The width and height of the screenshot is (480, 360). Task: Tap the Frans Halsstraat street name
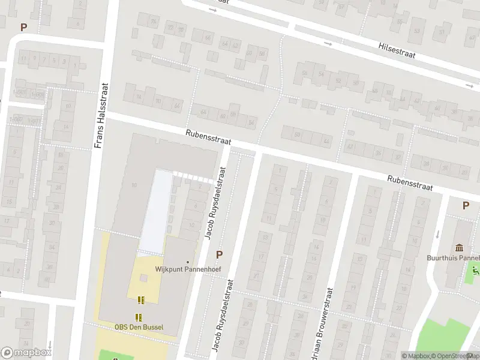click(x=101, y=115)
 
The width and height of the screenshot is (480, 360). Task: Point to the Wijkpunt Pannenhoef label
click(x=188, y=269)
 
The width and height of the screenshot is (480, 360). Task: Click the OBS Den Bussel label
click(x=139, y=327)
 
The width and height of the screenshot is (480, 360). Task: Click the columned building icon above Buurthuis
click(x=460, y=247)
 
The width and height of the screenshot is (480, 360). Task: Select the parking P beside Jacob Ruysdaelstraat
click(x=219, y=254)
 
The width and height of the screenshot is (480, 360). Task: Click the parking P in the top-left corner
click(x=24, y=27)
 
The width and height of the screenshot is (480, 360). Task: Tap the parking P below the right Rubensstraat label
click(x=465, y=205)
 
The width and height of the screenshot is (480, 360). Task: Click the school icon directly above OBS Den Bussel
click(x=139, y=317)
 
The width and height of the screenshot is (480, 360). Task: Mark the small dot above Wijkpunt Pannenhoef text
click(x=188, y=262)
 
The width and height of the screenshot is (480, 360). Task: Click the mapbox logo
click(x=26, y=353)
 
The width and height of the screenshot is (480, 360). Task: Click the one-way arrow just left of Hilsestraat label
click(x=328, y=44)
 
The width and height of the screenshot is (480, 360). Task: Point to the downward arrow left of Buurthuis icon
click(x=437, y=235)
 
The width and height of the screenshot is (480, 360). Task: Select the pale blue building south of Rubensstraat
click(x=155, y=210)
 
